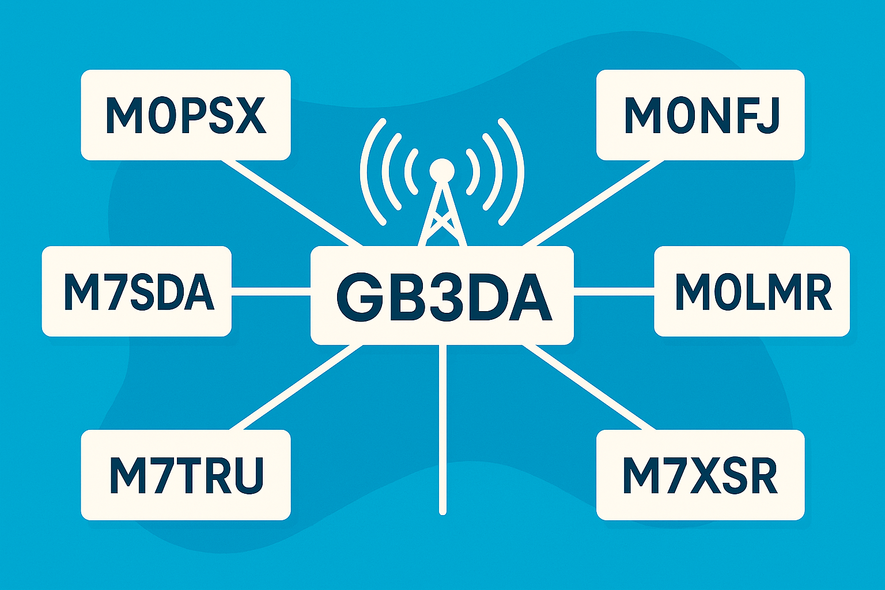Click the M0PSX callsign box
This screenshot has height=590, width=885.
(186, 115)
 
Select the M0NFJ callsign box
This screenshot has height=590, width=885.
(700, 115)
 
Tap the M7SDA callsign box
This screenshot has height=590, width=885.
(137, 292)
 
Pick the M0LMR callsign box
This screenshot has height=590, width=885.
(752, 292)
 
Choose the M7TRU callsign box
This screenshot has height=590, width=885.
(186, 475)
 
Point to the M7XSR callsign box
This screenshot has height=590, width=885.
(700, 475)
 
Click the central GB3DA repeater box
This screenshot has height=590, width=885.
(442, 295)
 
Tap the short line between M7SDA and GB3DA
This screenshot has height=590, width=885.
(271, 292)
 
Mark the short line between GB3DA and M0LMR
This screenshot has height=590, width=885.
(614, 292)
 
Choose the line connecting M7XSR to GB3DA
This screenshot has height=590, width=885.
(589, 387)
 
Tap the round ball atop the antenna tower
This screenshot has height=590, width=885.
(442, 170)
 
